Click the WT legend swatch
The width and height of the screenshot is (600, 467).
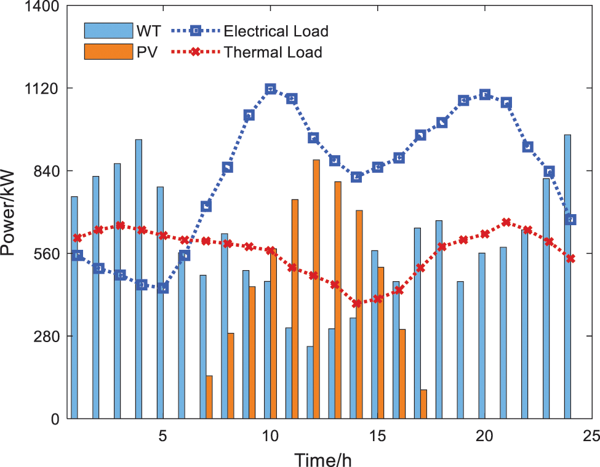point(108,31)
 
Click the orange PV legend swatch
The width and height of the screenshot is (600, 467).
point(108,52)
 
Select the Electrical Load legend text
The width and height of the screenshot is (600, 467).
point(276,31)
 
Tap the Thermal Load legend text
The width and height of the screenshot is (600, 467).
point(273,52)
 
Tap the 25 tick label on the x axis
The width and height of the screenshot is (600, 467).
point(591,436)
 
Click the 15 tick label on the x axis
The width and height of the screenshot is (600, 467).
point(377,436)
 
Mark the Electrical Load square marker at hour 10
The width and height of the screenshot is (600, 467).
point(270,89)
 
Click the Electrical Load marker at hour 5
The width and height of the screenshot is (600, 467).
point(162,287)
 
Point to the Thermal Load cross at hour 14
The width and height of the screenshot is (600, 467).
point(356,303)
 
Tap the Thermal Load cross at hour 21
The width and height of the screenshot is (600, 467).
point(506,222)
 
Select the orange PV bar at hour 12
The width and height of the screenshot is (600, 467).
point(316,289)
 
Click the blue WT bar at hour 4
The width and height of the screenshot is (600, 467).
point(138,279)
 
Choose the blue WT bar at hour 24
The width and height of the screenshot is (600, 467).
point(567,277)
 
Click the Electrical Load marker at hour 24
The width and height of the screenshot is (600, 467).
point(570,220)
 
